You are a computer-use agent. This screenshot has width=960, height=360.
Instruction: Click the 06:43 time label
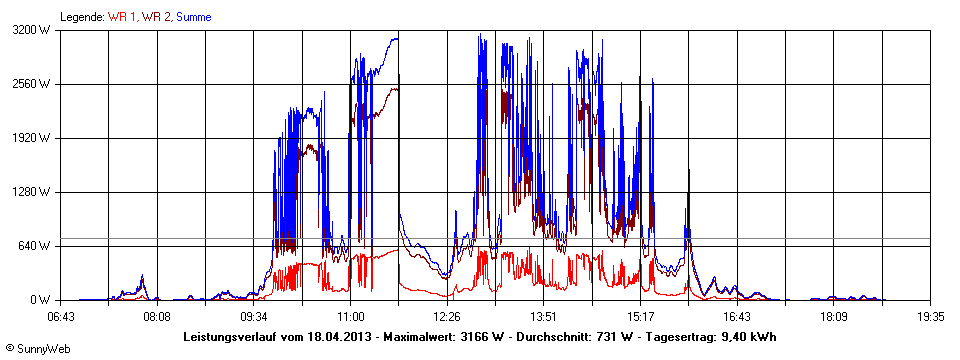(x=61, y=317)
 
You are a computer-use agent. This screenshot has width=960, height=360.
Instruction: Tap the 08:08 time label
(x=157, y=317)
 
